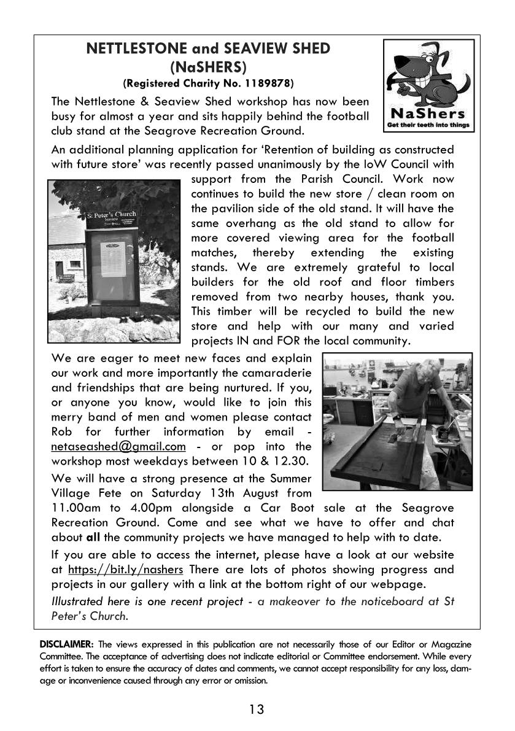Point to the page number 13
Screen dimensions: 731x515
click(257, 710)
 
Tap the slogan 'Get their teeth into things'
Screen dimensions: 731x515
click(428, 125)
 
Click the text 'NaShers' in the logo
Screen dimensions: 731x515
click(428, 114)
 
